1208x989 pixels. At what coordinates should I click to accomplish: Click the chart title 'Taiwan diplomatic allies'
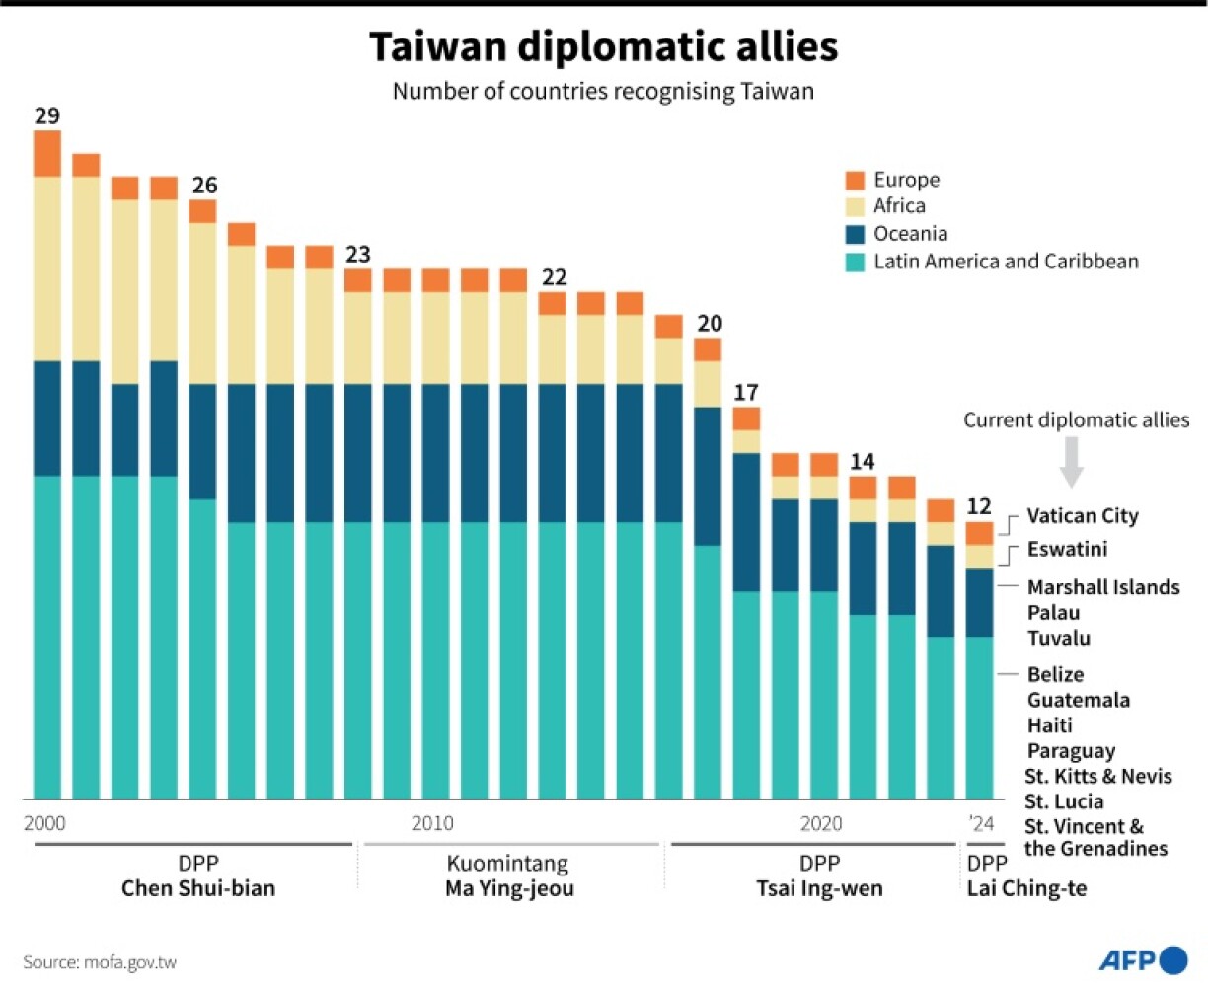tap(603, 46)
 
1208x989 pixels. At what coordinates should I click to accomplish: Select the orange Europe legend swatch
tap(855, 180)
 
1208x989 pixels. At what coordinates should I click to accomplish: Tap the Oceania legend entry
tap(909, 234)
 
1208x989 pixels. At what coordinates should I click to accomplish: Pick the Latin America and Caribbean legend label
tap(1005, 262)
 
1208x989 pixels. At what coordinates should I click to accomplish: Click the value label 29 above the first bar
tap(46, 116)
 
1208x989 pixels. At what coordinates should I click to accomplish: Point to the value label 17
tap(746, 393)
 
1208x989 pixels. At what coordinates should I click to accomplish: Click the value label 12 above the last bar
tap(978, 507)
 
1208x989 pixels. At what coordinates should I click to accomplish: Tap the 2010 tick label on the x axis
tap(432, 823)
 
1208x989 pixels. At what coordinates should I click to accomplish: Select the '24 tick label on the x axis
tap(981, 823)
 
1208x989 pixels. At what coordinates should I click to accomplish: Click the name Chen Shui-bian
tap(198, 888)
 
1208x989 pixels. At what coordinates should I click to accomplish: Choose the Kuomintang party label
tap(507, 864)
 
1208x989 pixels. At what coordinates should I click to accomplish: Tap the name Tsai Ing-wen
tap(819, 888)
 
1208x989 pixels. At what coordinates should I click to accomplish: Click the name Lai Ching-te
tap(1026, 888)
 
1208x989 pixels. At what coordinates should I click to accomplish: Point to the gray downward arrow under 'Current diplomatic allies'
tap(1071, 462)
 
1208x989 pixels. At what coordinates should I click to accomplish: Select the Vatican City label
tap(1082, 516)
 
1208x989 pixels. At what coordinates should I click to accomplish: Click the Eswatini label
tap(1067, 549)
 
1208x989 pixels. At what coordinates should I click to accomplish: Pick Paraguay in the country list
tap(1071, 751)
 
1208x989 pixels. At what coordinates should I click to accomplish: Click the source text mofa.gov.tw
tap(100, 961)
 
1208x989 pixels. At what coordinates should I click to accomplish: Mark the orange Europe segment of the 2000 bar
tap(47, 153)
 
